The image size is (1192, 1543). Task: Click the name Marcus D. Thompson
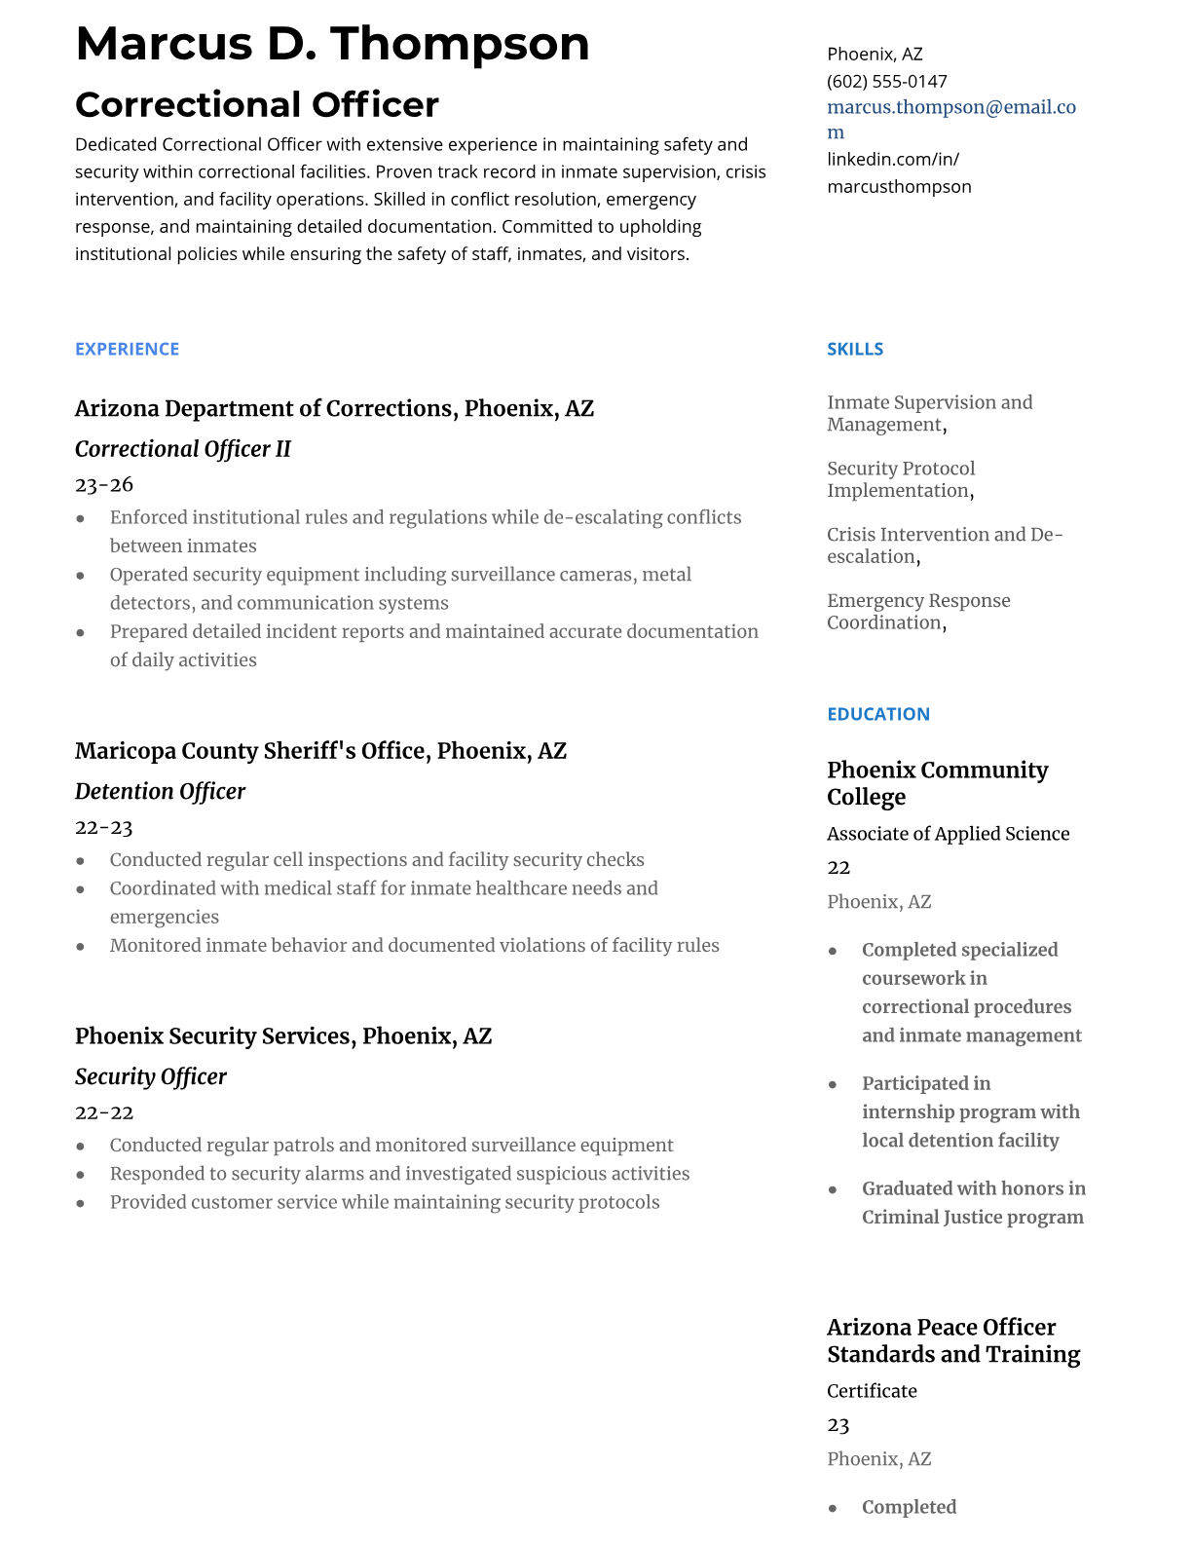click(x=332, y=44)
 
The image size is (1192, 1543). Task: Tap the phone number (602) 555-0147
click(x=886, y=82)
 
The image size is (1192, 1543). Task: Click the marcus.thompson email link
click(x=950, y=108)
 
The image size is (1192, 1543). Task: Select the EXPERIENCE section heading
click(x=127, y=349)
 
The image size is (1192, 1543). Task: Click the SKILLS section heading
click(x=854, y=349)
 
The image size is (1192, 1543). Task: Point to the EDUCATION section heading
click(x=877, y=714)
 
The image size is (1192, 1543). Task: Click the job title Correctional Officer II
click(x=183, y=449)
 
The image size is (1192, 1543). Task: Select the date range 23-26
click(x=104, y=484)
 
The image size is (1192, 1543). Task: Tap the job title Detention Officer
click(x=160, y=791)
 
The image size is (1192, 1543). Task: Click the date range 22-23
click(x=103, y=827)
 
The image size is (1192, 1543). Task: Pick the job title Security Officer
click(x=151, y=1076)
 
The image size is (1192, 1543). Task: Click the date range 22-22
click(x=103, y=1112)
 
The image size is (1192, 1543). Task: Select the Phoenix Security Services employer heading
click(x=282, y=1035)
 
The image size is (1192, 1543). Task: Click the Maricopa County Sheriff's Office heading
click(x=320, y=751)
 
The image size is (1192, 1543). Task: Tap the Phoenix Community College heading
click(x=937, y=783)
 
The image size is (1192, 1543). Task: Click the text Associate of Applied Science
click(x=948, y=834)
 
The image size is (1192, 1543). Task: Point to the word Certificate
click(x=872, y=1391)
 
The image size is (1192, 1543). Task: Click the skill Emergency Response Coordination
click(x=917, y=612)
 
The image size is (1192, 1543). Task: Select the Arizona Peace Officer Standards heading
click(x=952, y=1340)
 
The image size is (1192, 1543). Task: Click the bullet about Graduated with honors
click(x=972, y=1202)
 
